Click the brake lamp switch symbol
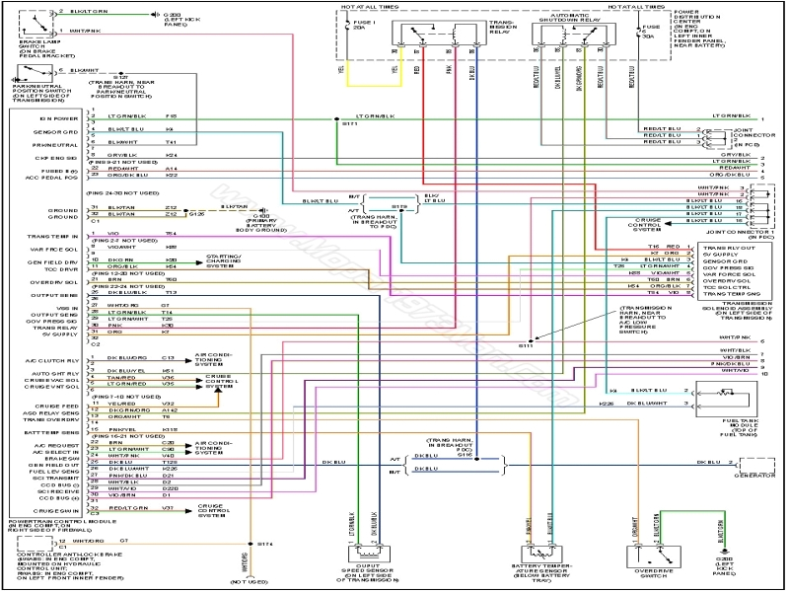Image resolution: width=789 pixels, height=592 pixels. tap(31, 19)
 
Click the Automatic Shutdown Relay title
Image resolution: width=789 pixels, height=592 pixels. tap(566, 16)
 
